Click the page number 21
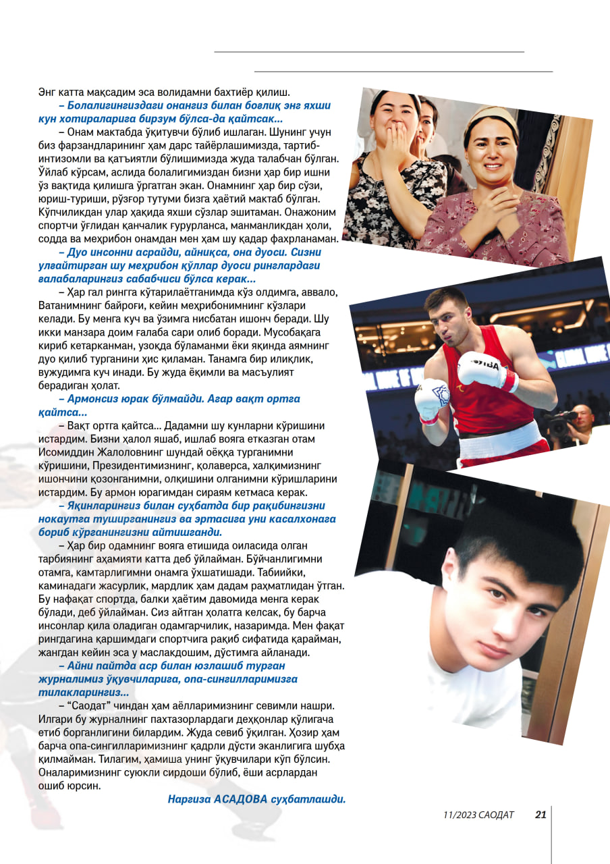(540, 814)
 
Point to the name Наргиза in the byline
(189, 799)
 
